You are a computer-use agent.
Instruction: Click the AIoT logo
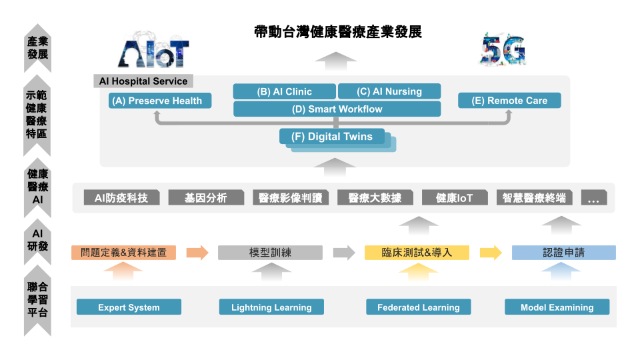point(153,51)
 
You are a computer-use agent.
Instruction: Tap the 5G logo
point(503,50)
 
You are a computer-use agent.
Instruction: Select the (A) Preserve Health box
point(160,101)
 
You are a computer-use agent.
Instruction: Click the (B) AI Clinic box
point(285,91)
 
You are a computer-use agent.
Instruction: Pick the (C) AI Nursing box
point(389,91)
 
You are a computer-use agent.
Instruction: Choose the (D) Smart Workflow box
point(337,109)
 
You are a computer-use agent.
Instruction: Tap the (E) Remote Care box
point(509,101)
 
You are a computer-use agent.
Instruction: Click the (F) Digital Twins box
point(332,136)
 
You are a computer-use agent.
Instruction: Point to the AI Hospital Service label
point(143,81)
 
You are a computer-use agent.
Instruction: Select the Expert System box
point(129,307)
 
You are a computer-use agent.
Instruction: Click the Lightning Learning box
point(271,307)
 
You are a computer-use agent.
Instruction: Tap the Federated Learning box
point(419,307)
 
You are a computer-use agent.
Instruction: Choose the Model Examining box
point(557,307)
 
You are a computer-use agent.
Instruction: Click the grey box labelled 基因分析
point(206,197)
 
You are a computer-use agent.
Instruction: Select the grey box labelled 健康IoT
point(455,197)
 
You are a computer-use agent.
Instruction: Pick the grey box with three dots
point(594,197)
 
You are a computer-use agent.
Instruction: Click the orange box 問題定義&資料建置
point(124,253)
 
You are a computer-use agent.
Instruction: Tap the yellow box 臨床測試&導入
point(417,253)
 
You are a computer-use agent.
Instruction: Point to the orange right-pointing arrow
point(197,253)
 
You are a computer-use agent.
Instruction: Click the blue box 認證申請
point(564,253)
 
